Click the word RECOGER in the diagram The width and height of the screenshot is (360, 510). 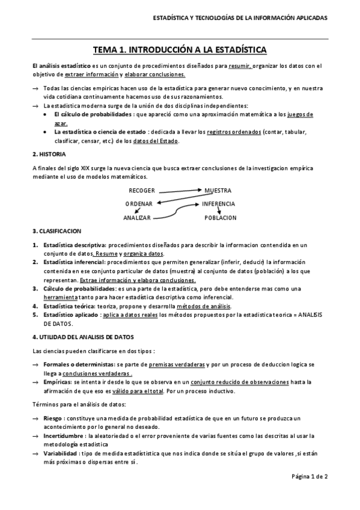142,191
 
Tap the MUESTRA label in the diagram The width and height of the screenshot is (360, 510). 218,191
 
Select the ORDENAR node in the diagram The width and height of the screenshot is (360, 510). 139,204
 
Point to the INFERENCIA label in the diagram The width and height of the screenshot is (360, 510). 219,204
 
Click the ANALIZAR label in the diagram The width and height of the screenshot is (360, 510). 137,217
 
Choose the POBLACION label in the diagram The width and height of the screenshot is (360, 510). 221,217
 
